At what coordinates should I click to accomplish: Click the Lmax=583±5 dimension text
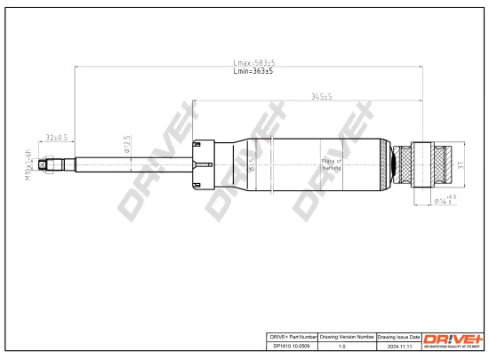click(253, 62)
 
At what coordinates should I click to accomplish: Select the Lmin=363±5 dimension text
click(253, 71)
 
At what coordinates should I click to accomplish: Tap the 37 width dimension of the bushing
click(461, 164)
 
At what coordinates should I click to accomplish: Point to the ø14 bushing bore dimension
click(445, 200)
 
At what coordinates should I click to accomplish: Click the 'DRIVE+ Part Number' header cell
click(292, 338)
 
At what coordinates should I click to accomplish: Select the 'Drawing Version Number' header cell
click(347, 338)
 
